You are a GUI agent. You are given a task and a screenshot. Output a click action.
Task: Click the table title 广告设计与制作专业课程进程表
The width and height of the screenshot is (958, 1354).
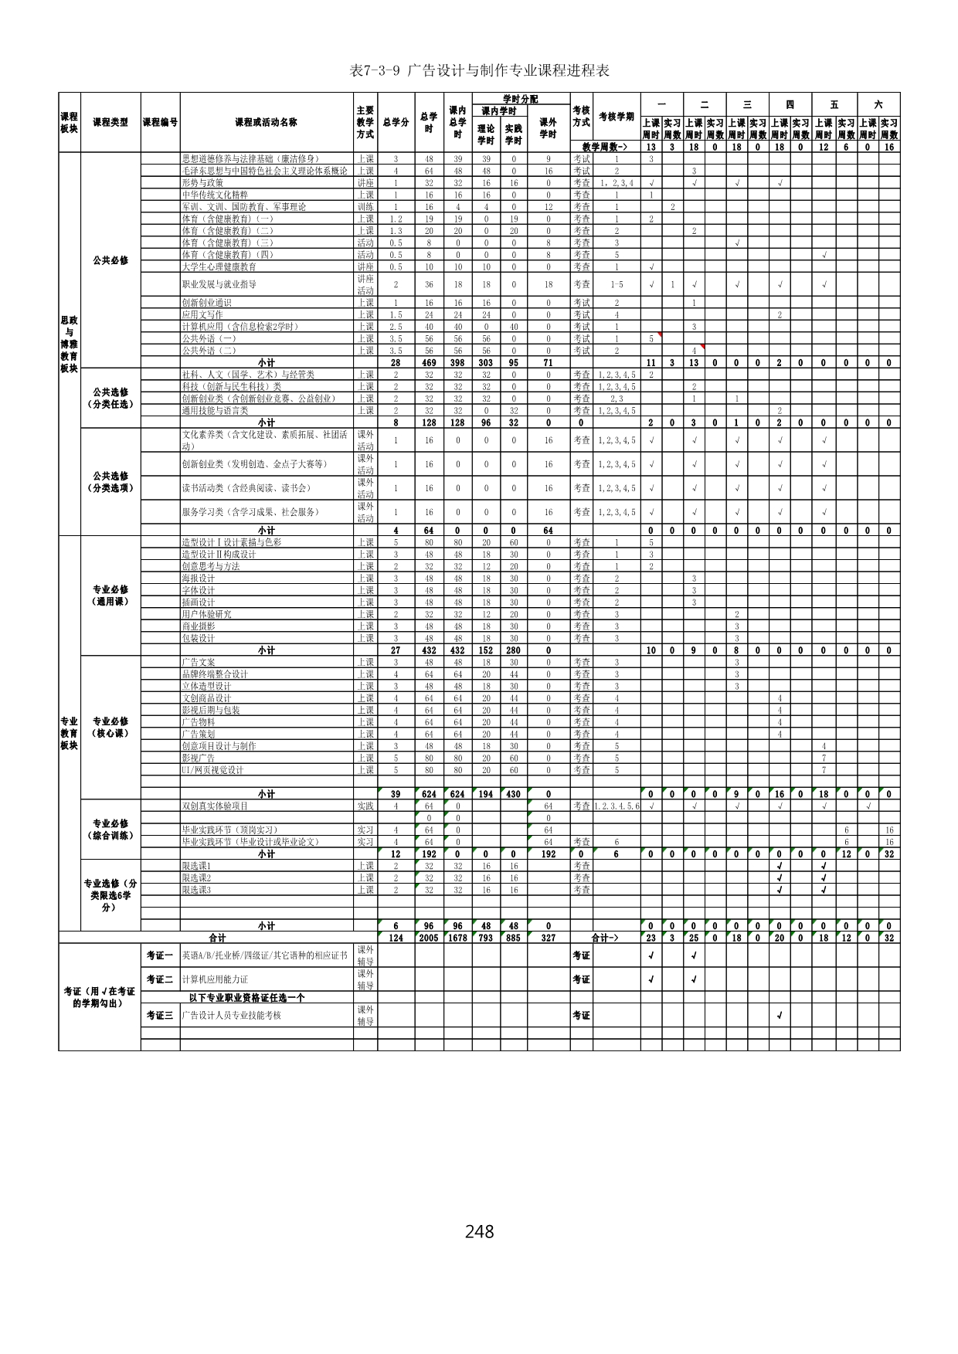479,71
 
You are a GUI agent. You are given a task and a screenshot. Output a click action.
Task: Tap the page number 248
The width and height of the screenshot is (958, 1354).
479,1230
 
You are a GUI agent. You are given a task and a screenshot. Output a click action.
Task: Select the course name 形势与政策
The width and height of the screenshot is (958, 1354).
202,183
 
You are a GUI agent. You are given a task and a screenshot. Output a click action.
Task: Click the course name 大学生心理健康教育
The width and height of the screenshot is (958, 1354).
219,266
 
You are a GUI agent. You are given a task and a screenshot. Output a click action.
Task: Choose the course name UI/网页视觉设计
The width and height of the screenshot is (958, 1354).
212,770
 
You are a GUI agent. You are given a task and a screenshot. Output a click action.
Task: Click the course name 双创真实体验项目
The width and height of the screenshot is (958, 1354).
215,806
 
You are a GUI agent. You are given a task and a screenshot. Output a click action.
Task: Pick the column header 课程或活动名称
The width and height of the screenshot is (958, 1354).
266,122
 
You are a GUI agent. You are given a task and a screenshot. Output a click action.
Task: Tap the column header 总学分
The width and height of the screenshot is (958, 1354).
396,122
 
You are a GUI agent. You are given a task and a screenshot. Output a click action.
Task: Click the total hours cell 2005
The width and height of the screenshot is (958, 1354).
429,938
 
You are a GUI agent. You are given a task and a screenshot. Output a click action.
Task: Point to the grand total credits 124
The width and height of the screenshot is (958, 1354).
396,938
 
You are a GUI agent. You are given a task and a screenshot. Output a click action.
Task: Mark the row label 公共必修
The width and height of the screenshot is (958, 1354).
110,260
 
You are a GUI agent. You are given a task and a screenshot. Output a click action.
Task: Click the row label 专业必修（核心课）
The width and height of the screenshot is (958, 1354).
110,727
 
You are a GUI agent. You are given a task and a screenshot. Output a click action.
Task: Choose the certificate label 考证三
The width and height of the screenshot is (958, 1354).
160,1015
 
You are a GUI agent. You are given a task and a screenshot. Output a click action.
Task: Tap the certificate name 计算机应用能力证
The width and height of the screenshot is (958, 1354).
215,979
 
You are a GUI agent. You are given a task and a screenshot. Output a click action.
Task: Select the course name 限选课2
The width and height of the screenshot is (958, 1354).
196,878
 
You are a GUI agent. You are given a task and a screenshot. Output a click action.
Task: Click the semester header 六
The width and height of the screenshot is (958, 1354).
878,104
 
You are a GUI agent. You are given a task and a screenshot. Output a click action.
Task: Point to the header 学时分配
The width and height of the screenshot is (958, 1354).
520,99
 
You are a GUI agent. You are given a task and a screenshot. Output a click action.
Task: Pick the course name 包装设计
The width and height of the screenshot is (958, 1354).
198,639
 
